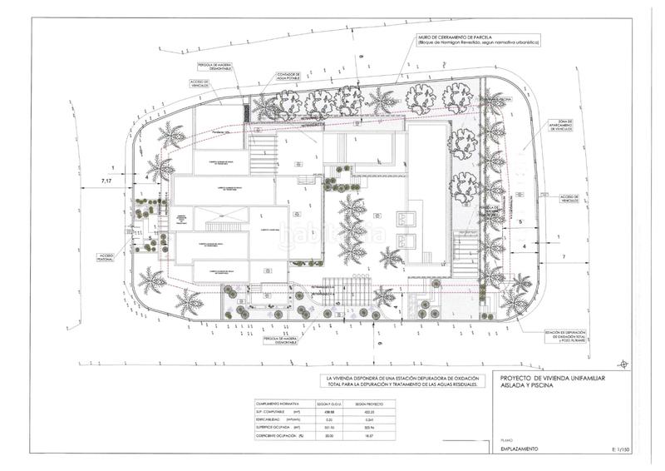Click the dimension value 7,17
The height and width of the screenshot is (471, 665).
pyautogui.click(x=106, y=180)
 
